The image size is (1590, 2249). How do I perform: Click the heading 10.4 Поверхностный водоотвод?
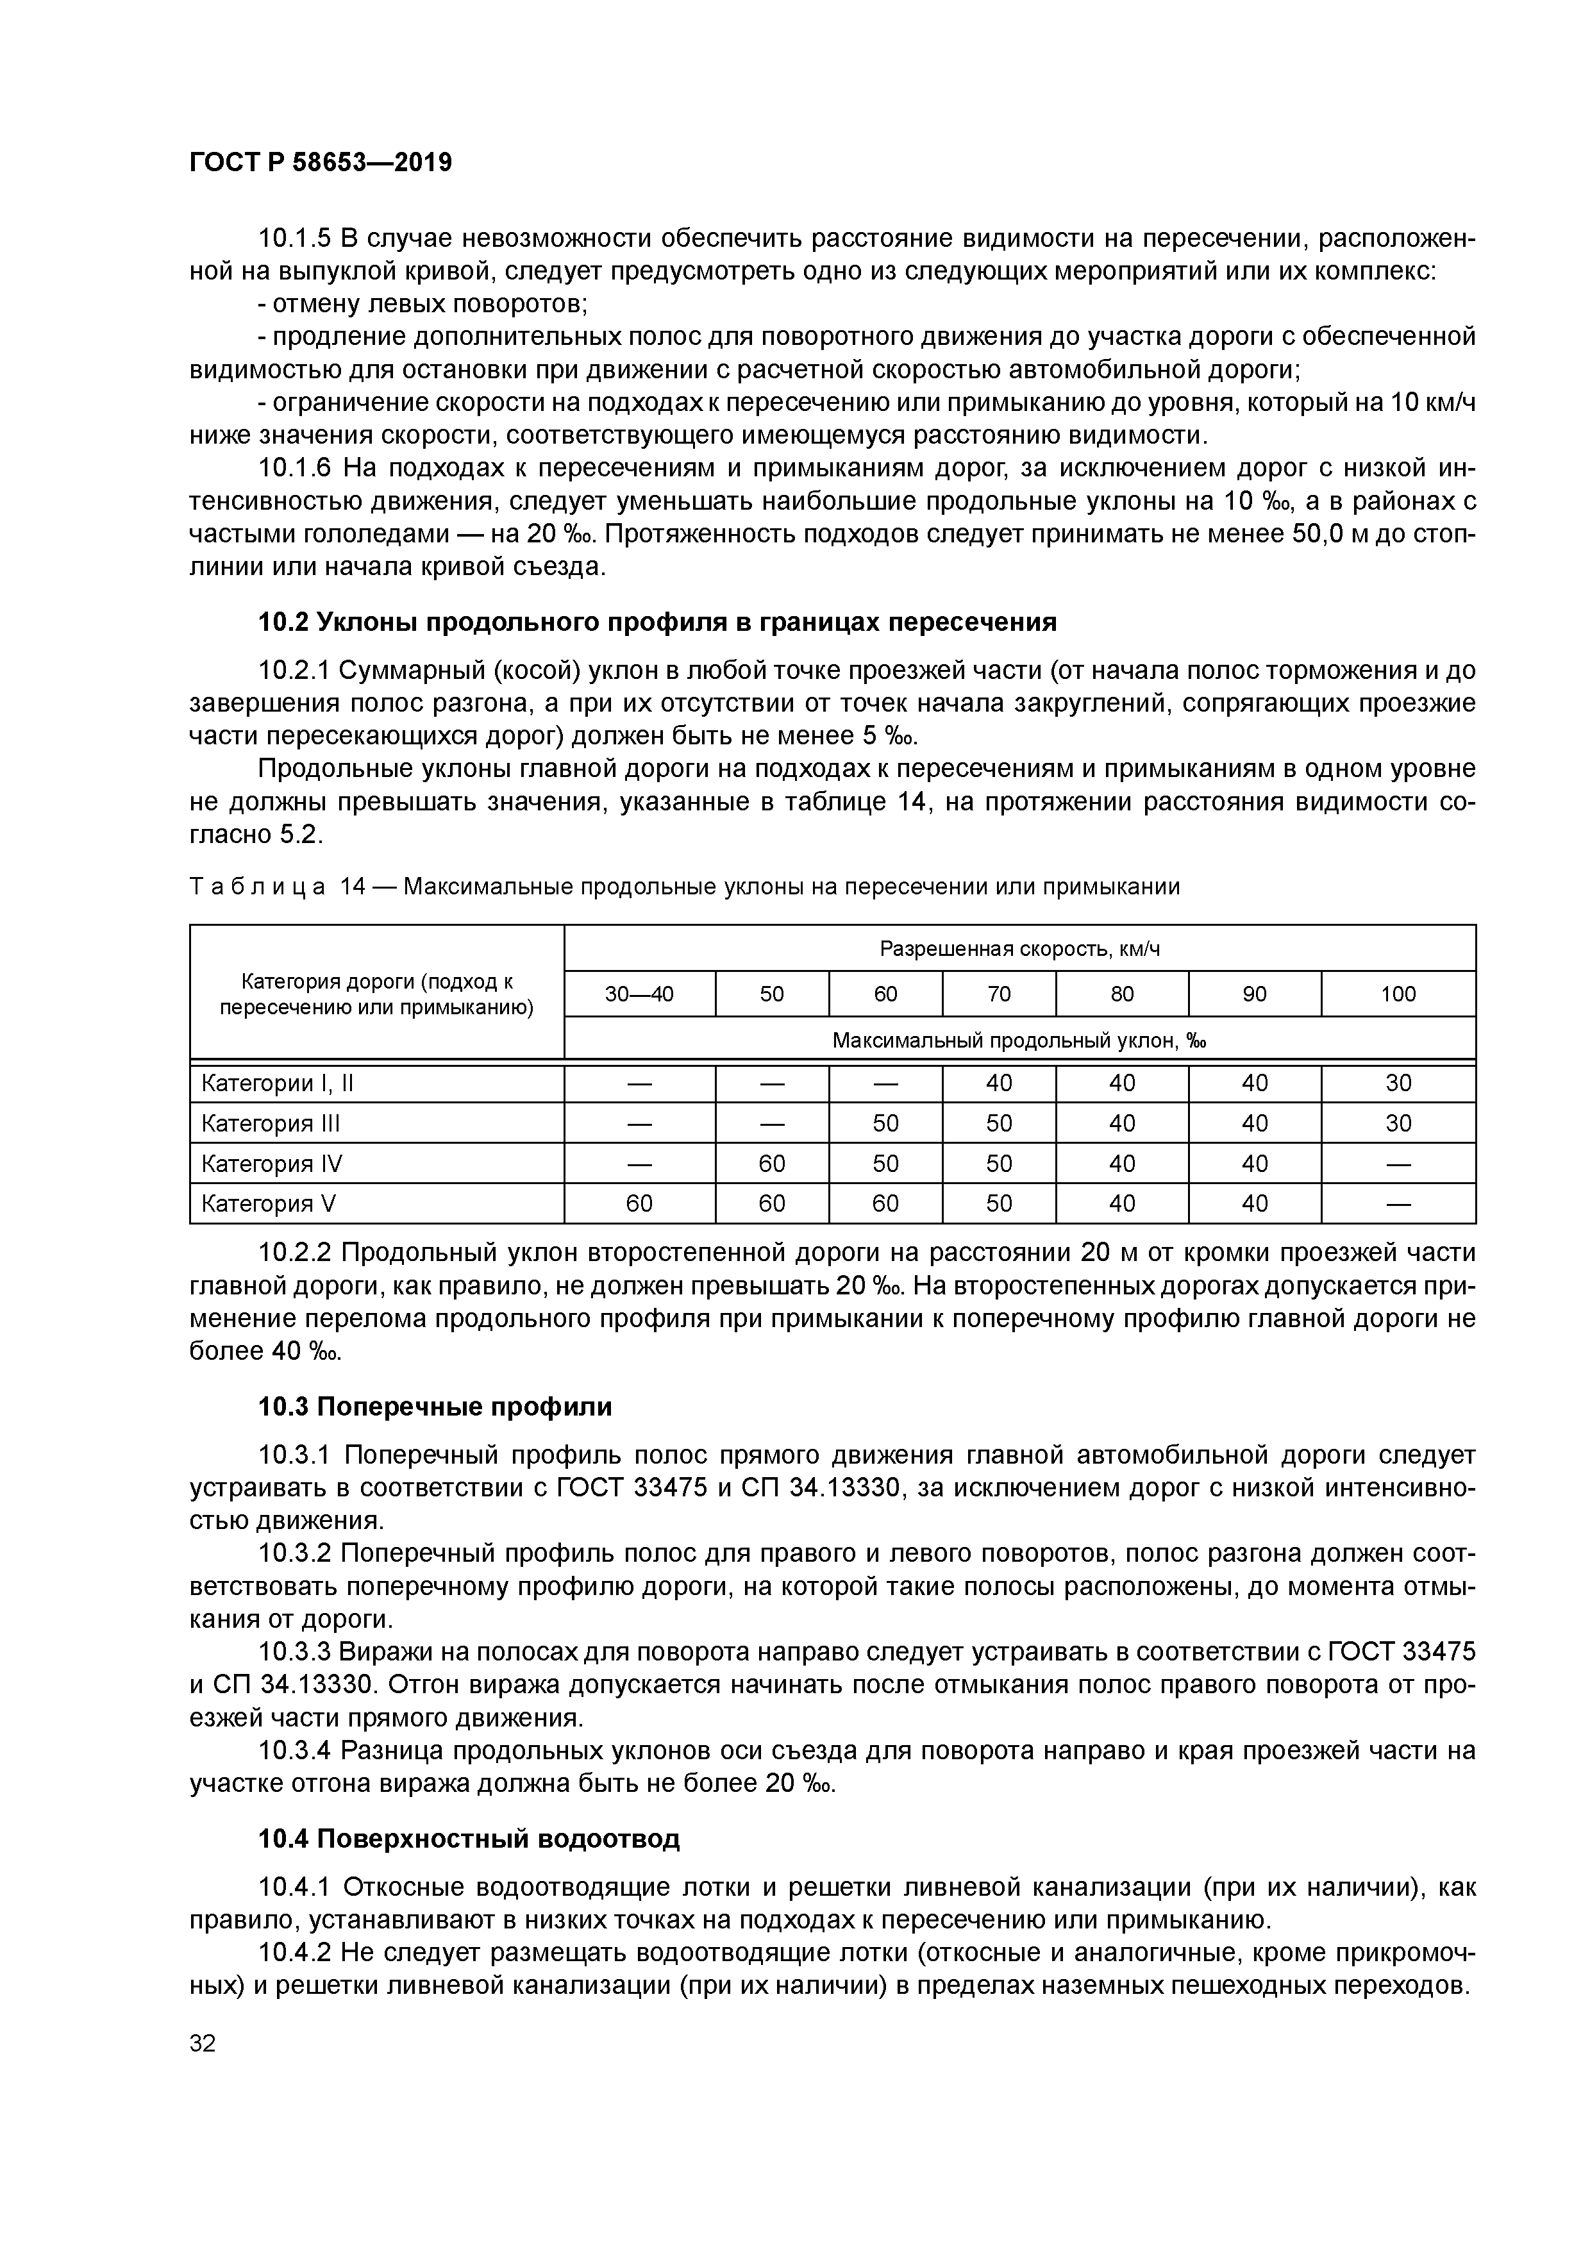[468, 1839]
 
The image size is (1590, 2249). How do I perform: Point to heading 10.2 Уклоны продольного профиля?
[657, 622]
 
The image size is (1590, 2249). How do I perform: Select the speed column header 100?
[1398, 994]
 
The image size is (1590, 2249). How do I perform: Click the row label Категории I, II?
[277, 1083]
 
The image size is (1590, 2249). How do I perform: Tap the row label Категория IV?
[271, 1164]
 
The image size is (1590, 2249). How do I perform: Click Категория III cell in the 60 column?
[885, 1123]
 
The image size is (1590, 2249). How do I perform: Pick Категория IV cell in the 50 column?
[772, 1164]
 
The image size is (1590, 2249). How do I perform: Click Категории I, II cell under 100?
[1398, 1083]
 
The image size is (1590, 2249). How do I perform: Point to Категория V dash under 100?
[1398, 1204]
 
